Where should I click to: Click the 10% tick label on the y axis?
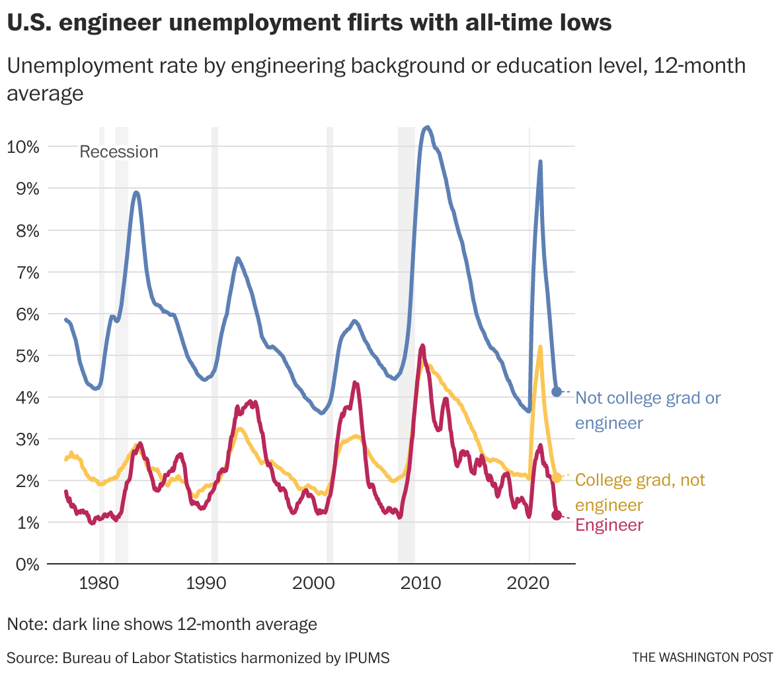tap(22, 147)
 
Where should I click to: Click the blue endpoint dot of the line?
tap(557, 392)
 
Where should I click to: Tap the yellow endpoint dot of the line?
tap(557, 477)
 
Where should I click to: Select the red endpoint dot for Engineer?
tap(557, 515)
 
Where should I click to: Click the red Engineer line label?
tap(609, 525)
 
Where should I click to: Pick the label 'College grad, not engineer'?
tap(640, 492)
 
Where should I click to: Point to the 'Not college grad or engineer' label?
tap(648, 410)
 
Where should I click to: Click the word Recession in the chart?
tap(119, 152)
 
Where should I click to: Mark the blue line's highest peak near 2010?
tap(428, 127)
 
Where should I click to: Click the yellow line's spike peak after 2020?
tap(540, 347)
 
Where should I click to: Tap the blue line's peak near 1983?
tap(136, 193)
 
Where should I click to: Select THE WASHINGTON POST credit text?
tap(702, 657)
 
